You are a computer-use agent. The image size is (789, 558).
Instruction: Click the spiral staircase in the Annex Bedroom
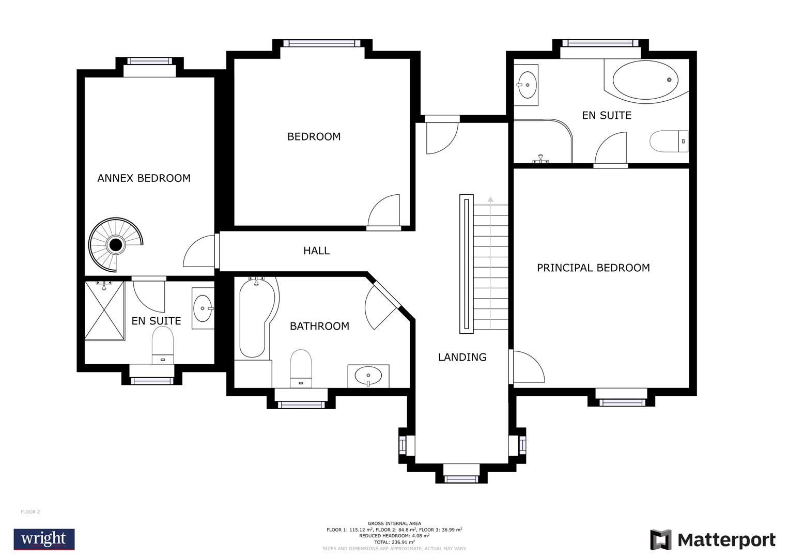pos(115,244)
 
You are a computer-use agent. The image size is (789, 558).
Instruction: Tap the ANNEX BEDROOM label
pos(144,178)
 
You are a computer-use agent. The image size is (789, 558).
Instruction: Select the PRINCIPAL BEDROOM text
pos(593,268)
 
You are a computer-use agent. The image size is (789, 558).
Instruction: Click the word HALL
pos(316,251)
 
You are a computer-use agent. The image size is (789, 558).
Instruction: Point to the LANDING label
pos(462,357)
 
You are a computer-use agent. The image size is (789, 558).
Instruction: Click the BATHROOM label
pos(319,326)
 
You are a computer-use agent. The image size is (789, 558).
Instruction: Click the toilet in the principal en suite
pos(668,141)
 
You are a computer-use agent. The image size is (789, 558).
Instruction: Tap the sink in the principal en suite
pos(527,81)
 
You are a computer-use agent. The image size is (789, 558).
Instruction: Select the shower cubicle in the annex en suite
pos(104,311)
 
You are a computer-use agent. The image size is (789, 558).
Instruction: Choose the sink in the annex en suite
pos(202,308)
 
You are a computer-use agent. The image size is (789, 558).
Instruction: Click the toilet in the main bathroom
pos(301,367)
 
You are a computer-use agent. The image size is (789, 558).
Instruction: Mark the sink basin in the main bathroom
pos(368,376)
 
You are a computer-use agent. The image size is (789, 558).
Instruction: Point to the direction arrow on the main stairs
pos(490,199)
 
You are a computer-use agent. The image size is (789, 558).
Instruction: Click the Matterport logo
pos(713,540)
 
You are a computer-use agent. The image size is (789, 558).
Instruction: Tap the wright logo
pos(44,539)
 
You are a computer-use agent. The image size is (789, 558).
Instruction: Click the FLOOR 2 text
pos(30,512)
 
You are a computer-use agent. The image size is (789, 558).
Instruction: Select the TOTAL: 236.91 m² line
pos(394,542)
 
